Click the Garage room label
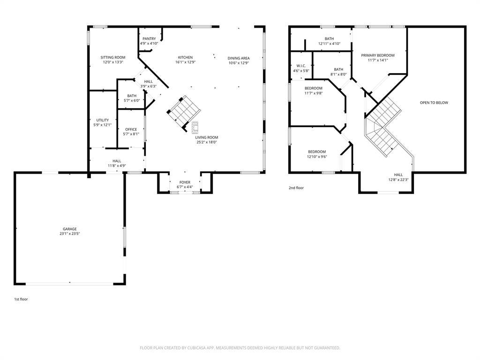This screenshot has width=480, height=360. pos(70,229)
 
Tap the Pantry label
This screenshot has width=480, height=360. pos(149,39)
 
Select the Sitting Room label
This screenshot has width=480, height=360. pos(113,57)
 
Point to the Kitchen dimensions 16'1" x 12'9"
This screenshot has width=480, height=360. pos(186,62)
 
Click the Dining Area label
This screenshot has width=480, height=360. pos(239,58)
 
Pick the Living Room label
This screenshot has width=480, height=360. pos(207,137)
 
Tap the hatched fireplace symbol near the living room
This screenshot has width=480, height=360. pos(195,127)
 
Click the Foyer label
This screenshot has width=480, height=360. pos(185,182)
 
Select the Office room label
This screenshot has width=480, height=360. pos(131,129)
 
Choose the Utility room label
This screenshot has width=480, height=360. pos(103,120)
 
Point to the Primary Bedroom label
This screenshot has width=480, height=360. pos(378,55)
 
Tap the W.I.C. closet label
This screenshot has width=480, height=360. pos(301,66)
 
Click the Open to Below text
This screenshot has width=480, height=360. pos(434,103)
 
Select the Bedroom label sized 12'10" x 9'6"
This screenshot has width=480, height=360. pos(317,152)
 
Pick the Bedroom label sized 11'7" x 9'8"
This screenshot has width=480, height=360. pos(314,89)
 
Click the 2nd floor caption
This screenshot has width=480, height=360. pos(296,188)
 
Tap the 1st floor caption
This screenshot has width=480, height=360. pos(21,300)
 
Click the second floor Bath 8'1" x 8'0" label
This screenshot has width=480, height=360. pos(338,69)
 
